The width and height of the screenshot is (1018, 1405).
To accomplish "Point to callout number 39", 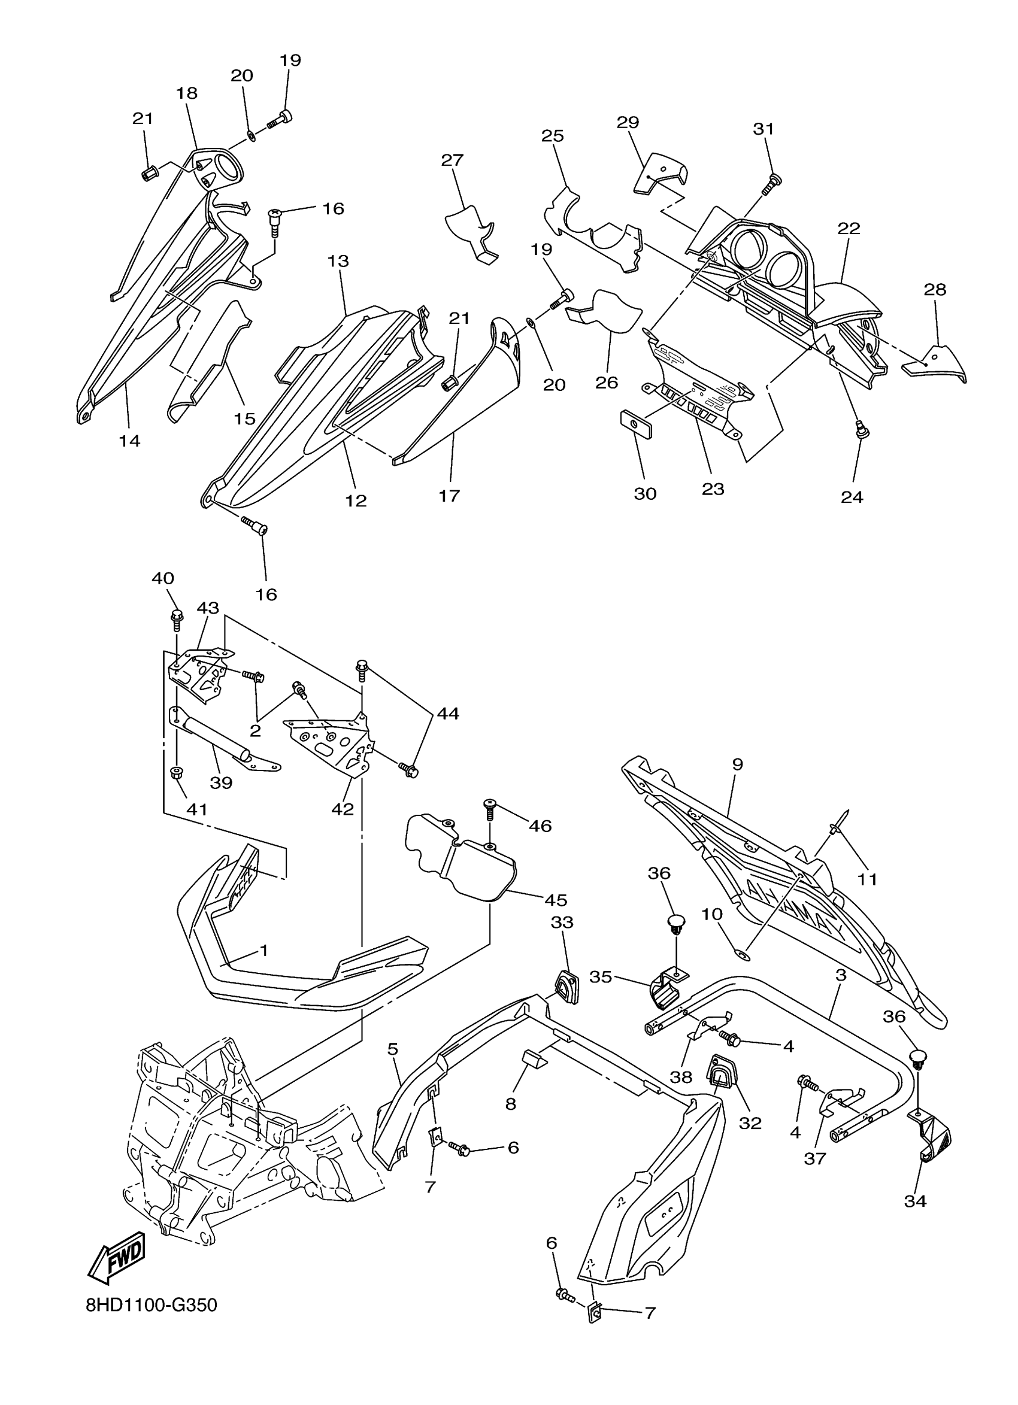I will (220, 782).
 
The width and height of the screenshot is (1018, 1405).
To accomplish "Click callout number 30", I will (645, 493).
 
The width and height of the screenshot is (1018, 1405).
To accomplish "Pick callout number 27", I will (452, 160).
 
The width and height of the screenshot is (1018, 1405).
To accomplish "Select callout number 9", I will (737, 764).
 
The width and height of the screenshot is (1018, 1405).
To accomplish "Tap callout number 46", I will (540, 825).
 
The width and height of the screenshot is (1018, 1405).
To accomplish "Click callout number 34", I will (915, 1201).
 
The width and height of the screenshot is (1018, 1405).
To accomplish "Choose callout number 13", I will (339, 261).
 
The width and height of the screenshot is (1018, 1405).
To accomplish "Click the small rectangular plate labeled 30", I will (635, 423).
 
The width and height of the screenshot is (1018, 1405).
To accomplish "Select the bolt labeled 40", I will (176, 617).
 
